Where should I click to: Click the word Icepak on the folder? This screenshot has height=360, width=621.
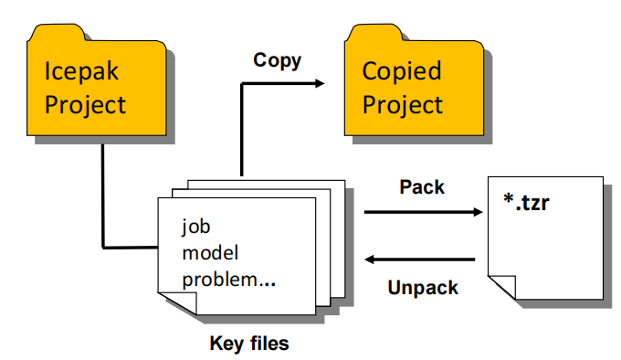tap(81, 71)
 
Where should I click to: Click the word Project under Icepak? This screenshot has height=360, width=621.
tap(85, 104)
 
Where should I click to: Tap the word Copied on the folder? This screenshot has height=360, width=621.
tap(402, 71)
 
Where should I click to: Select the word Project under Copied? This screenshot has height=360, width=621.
tap(403, 104)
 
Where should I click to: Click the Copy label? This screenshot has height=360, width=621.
tap(278, 61)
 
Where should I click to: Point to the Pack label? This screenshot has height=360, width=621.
tap(422, 187)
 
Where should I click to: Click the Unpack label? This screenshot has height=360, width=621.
tap(423, 288)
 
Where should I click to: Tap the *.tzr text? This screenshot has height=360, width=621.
tap(526, 202)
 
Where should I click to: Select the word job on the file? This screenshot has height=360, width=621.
tap(195, 227)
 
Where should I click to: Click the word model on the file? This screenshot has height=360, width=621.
tap(210, 253)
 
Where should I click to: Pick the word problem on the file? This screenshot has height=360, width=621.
tap(219, 281)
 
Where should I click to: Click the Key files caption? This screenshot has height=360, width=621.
tap(249, 344)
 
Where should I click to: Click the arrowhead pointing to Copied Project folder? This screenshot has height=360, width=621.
tap(320, 83)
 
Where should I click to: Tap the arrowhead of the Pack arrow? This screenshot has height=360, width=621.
tap(478, 212)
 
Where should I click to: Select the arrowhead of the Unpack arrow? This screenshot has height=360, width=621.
tap(370, 259)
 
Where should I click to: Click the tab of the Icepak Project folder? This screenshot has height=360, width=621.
tap(58, 33)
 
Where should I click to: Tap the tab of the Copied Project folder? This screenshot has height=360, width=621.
tap(375, 33)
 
